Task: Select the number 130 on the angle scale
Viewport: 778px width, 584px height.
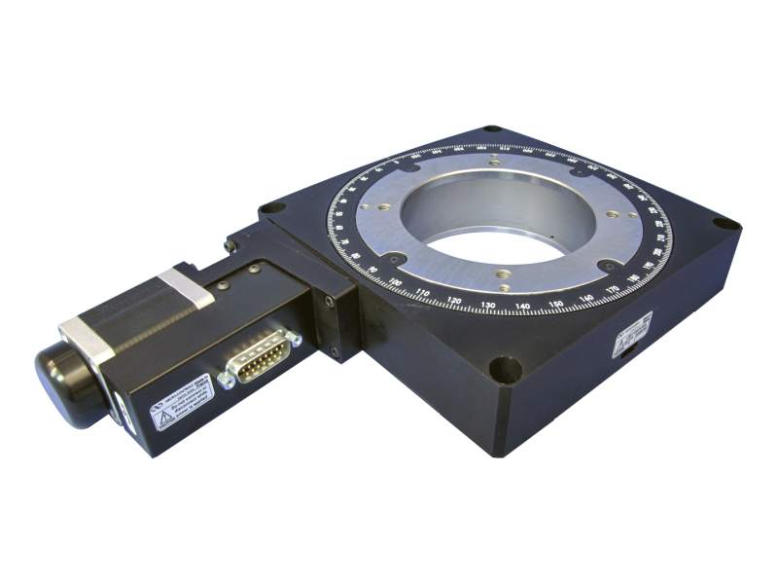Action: [x=489, y=306]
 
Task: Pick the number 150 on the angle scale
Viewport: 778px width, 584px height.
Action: [x=557, y=305]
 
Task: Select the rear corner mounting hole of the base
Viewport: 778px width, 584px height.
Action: [x=492, y=128]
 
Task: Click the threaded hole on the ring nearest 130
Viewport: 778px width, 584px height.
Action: [x=502, y=275]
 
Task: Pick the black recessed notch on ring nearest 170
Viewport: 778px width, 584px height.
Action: [x=608, y=266]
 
